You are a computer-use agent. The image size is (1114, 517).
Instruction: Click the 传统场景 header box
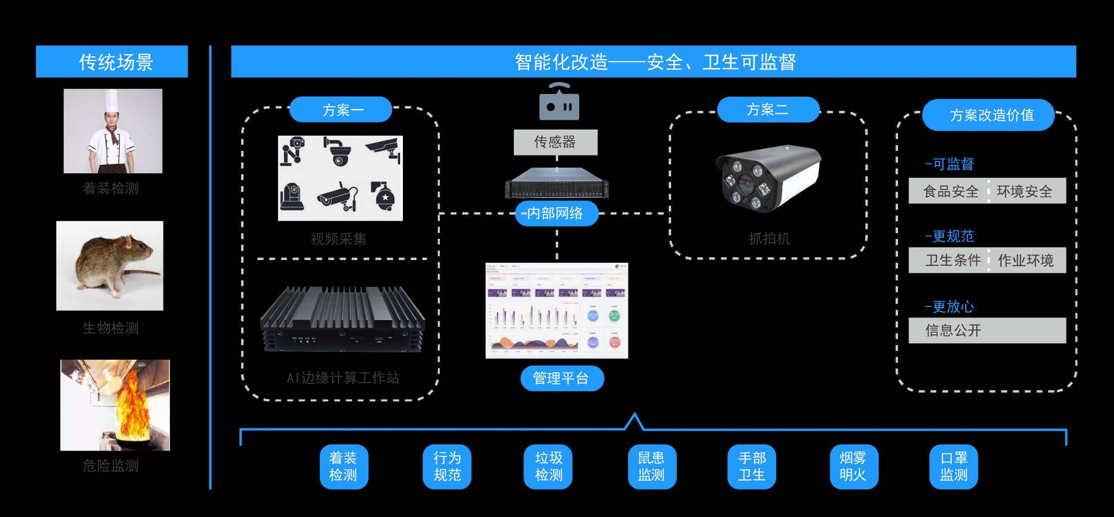coord(112,61)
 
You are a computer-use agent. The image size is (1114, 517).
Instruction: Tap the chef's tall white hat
coord(111,101)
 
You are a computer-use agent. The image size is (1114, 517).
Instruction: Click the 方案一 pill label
coord(341,110)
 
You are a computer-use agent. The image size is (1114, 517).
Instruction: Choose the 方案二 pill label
coord(768,110)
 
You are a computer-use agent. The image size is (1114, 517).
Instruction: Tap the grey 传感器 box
coord(555,142)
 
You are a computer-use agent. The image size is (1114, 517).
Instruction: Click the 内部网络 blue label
coord(557,213)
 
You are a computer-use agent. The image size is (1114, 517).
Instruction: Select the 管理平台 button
coord(561,379)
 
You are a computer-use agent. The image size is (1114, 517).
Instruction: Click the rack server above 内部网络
coord(557,183)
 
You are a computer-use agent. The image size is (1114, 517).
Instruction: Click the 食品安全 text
coord(950,191)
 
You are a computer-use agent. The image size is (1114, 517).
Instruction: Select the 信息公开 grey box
coord(987,330)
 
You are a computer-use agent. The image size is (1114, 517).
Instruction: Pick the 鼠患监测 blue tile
coord(651,466)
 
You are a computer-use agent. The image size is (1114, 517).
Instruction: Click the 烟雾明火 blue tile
coord(853,466)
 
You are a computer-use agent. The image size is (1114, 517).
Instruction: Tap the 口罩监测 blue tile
coord(954,466)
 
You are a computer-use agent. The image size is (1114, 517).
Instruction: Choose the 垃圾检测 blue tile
coord(548,466)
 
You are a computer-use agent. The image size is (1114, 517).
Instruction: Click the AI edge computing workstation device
coord(342,320)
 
